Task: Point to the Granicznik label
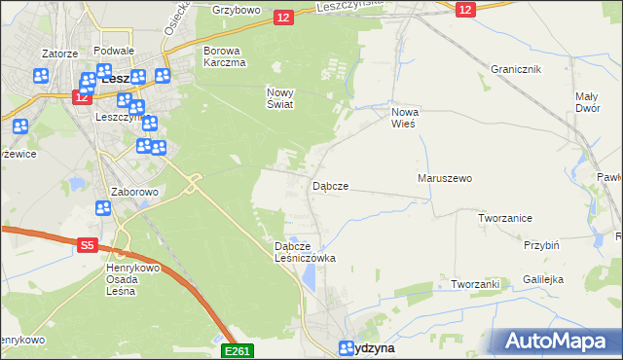click(516, 70)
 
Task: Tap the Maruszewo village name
click(444, 179)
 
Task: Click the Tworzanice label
click(504, 218)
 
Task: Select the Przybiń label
click(540, 246)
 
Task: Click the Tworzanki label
click(475, 284)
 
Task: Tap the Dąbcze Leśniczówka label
click(305, 253)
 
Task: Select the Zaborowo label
click(134, 193)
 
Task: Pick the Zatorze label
click(59, 54)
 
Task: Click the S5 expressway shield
click(87, 247)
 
